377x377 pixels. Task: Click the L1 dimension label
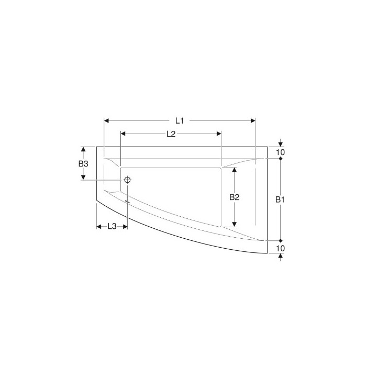[x=180, y=121]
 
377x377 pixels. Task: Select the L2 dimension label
[x=171, y=134]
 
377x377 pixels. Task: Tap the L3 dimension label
[x=112, y=226]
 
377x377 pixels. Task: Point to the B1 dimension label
[x=280, y=199]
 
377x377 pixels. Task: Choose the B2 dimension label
[x=235, y=197]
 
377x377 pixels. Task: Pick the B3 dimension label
[x=83, y=164]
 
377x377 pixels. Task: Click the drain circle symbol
[x=127, y=180]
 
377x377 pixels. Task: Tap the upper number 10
[x=280, y=152]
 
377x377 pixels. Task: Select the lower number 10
[x=280, y=248]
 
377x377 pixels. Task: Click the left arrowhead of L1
[x=106, y=121]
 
